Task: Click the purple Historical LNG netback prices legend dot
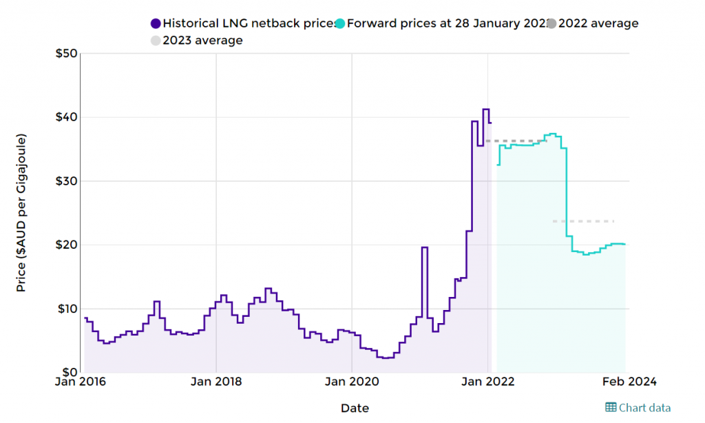pyautogui.click(x=155, y=23)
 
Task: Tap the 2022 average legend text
pyautogui.click(x=598, y=23)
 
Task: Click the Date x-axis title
pyautogui.click(x=355, y=409)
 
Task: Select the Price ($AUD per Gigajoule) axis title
pyautogui.click(x=21, y=214)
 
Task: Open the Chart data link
pyautogui.click(x=638, y=408)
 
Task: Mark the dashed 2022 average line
pyautogui.click(x=516, y=141)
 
